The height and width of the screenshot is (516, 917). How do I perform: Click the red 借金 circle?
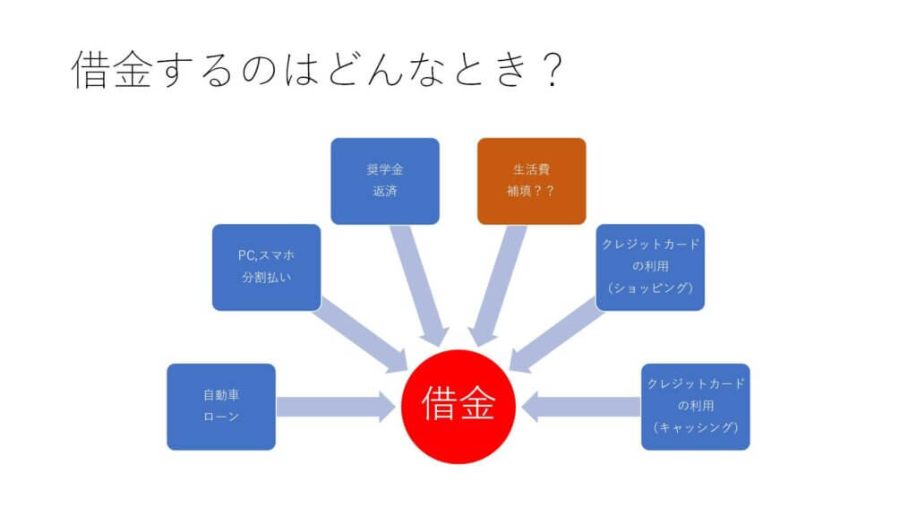(458, 407)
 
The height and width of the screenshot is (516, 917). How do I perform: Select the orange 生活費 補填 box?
(532, 181)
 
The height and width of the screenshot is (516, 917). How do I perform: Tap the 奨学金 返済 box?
(385, 181)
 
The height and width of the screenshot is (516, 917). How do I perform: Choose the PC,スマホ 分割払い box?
(267, 267)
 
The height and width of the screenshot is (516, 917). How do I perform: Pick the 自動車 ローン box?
(221, 407)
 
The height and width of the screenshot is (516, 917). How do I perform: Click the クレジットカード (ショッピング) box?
(650, 267)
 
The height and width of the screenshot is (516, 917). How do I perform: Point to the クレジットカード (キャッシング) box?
(695, 407)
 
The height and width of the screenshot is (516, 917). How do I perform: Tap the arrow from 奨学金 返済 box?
(419, 286)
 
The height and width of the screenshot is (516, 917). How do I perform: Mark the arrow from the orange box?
(497, 286)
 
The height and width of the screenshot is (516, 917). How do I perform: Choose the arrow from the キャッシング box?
(580, 407)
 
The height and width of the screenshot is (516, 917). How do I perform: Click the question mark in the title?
(552, 69)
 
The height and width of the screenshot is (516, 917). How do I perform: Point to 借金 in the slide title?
(112, 69)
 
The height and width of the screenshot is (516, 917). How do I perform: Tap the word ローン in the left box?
(221, 417)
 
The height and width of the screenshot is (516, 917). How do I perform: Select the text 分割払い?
(267, 278)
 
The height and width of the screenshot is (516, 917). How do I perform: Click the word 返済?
(385, 192)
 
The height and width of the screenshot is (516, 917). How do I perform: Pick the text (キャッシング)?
(695, 427)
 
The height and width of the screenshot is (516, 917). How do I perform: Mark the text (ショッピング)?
(650, 288)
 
